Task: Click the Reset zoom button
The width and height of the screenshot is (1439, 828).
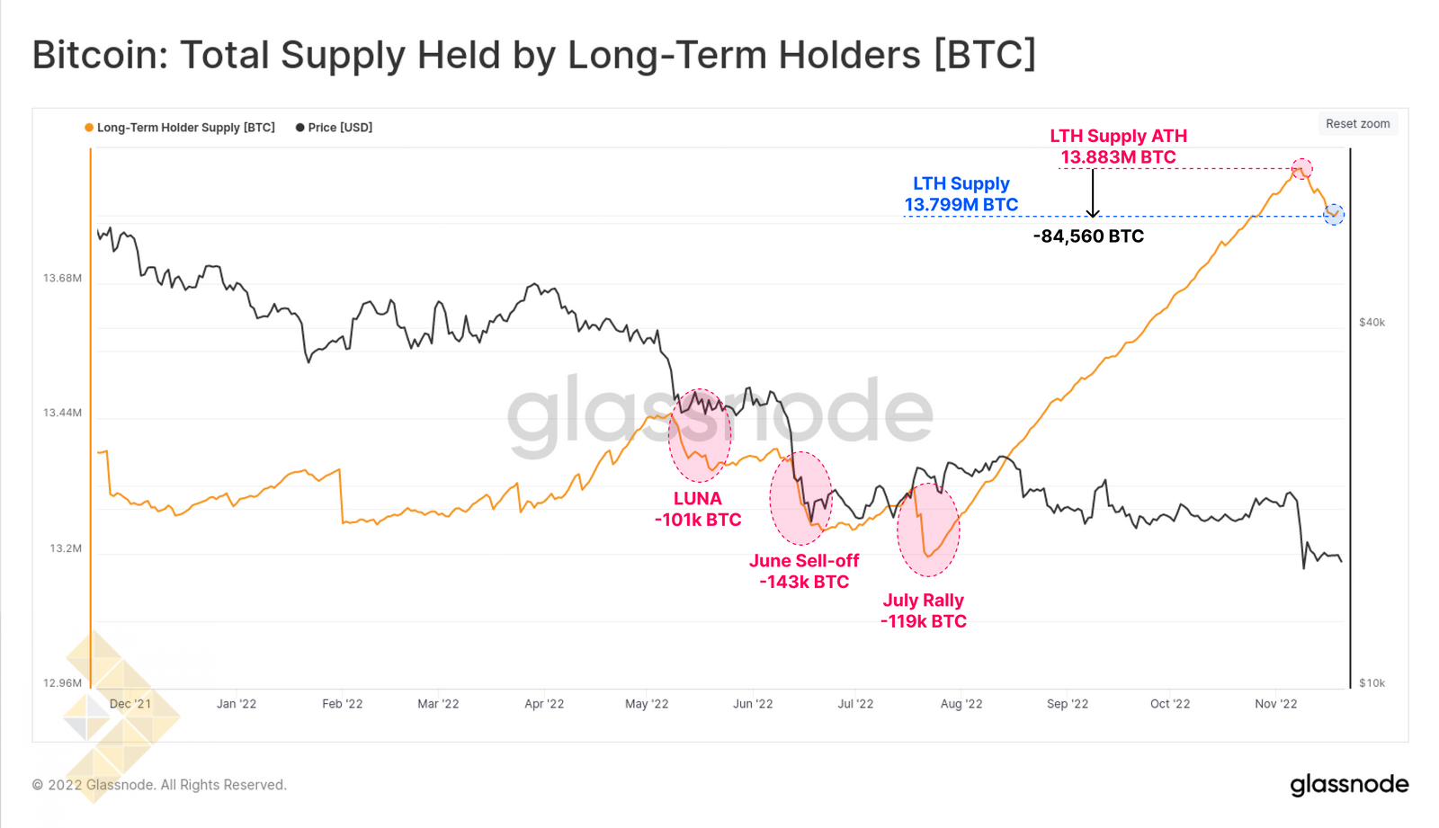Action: [x=1357, y=124]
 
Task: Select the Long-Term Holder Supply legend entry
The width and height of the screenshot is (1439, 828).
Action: [x=180, y=128]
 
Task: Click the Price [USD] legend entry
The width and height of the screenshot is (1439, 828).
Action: [x=335, y=128]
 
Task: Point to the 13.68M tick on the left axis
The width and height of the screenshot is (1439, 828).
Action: [x=62, y=278]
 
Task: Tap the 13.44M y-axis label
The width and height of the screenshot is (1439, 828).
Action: [x=62, y=413]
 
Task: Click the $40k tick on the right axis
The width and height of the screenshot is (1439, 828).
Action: [x=1372, y=322]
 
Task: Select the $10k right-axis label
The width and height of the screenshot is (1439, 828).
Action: [x=1372, y=683]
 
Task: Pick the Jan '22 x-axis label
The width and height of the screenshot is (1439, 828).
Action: [x=237, y=704]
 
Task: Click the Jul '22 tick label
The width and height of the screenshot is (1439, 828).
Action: [x=855, y=704]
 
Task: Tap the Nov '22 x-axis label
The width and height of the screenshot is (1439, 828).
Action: [x=1275, y=704]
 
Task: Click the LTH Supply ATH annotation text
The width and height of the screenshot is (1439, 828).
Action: [x=1118, y=137]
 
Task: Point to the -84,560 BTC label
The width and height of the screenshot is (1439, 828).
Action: [x=1088, y=236]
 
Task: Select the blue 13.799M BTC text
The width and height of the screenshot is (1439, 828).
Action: [x=961, y=205]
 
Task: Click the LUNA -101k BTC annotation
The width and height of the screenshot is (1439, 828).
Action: [x=698, y=509]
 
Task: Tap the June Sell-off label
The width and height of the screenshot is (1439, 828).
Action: [x=804, y=561]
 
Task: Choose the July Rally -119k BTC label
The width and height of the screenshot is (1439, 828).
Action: [x=923, y=610]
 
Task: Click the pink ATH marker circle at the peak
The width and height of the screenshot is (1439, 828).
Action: [x=1301, y=168]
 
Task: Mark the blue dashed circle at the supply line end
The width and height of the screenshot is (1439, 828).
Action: [x=1334, y=214]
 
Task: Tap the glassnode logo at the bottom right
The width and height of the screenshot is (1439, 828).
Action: [x=1349, y=785]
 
